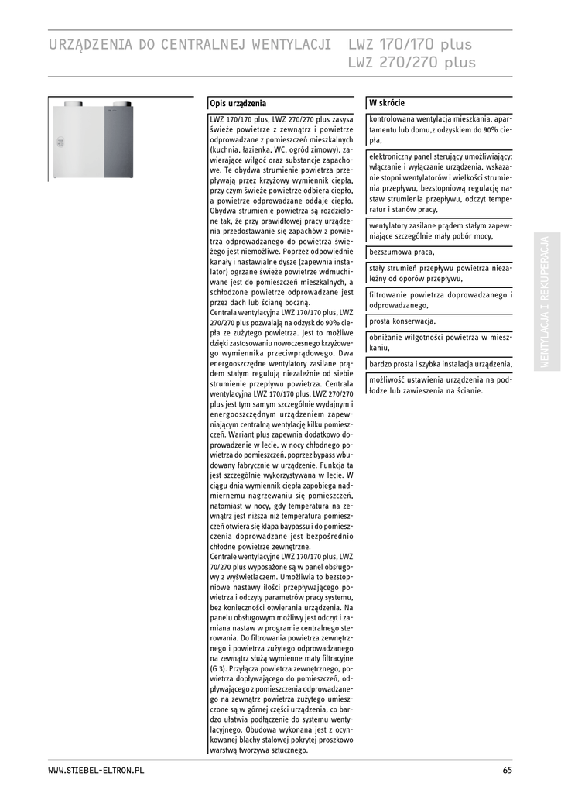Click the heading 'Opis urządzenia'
pyautogui.click(x=238, y=103)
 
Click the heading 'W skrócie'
pyautogui.click(x=387, y=103)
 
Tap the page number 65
pyautogui.click(x=507, y=771)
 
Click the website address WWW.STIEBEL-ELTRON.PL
pyautogui.click(x=96, y=771)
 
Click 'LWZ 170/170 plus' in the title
pyautogui.click(x=410, y=44)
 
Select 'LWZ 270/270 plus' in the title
pyautogui.click(x=412, y=63)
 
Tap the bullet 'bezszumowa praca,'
pyautogui.click(x=402, y=252)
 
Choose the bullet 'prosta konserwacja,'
pyautogui.click(x=402, y=321)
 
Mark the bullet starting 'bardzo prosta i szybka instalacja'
pyautogui.click(x=440, y=364)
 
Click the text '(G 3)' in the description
pyautogui.click(x=218, y=668)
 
